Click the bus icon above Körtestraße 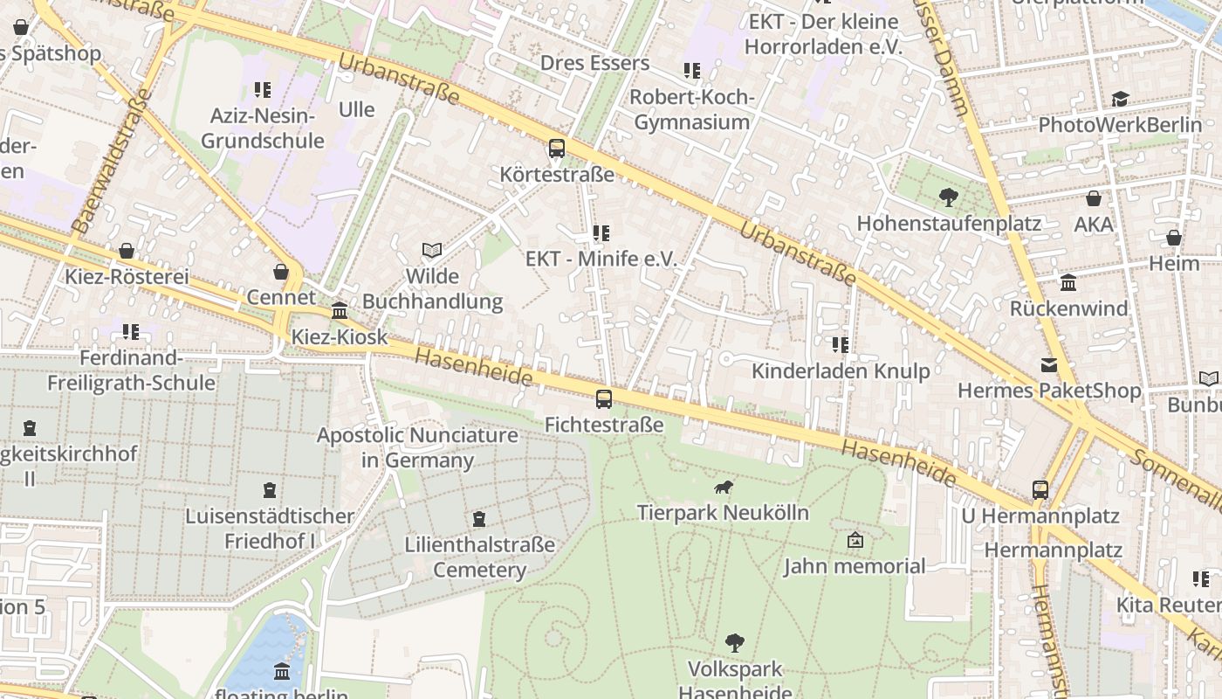(x=557, y=149)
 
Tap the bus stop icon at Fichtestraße (x=603, y=399)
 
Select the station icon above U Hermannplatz (x=1040, y=489)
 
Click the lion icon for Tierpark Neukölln (x=723, y=488)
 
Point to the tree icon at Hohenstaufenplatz (x=948, y=197)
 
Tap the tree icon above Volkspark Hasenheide (x=735, y=643)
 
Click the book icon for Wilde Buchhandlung (x=432, y=251)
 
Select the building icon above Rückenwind (x=1068, y=282)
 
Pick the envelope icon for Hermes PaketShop (x=1049, y=364)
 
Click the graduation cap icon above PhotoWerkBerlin (x=1120, y=99)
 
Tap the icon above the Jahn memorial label (x=855, y=540)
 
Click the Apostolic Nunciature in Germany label (x=417, y=447)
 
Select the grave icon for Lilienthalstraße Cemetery (x=479, y=520)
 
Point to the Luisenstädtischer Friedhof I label (x=270, y=529)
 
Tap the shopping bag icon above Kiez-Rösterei (x=127, y=252)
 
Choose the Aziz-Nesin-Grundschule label (x=263, y=128)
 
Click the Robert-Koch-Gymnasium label (x=691, y=109)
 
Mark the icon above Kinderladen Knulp (x=841, y=345)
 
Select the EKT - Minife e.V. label (x=601, y=259)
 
